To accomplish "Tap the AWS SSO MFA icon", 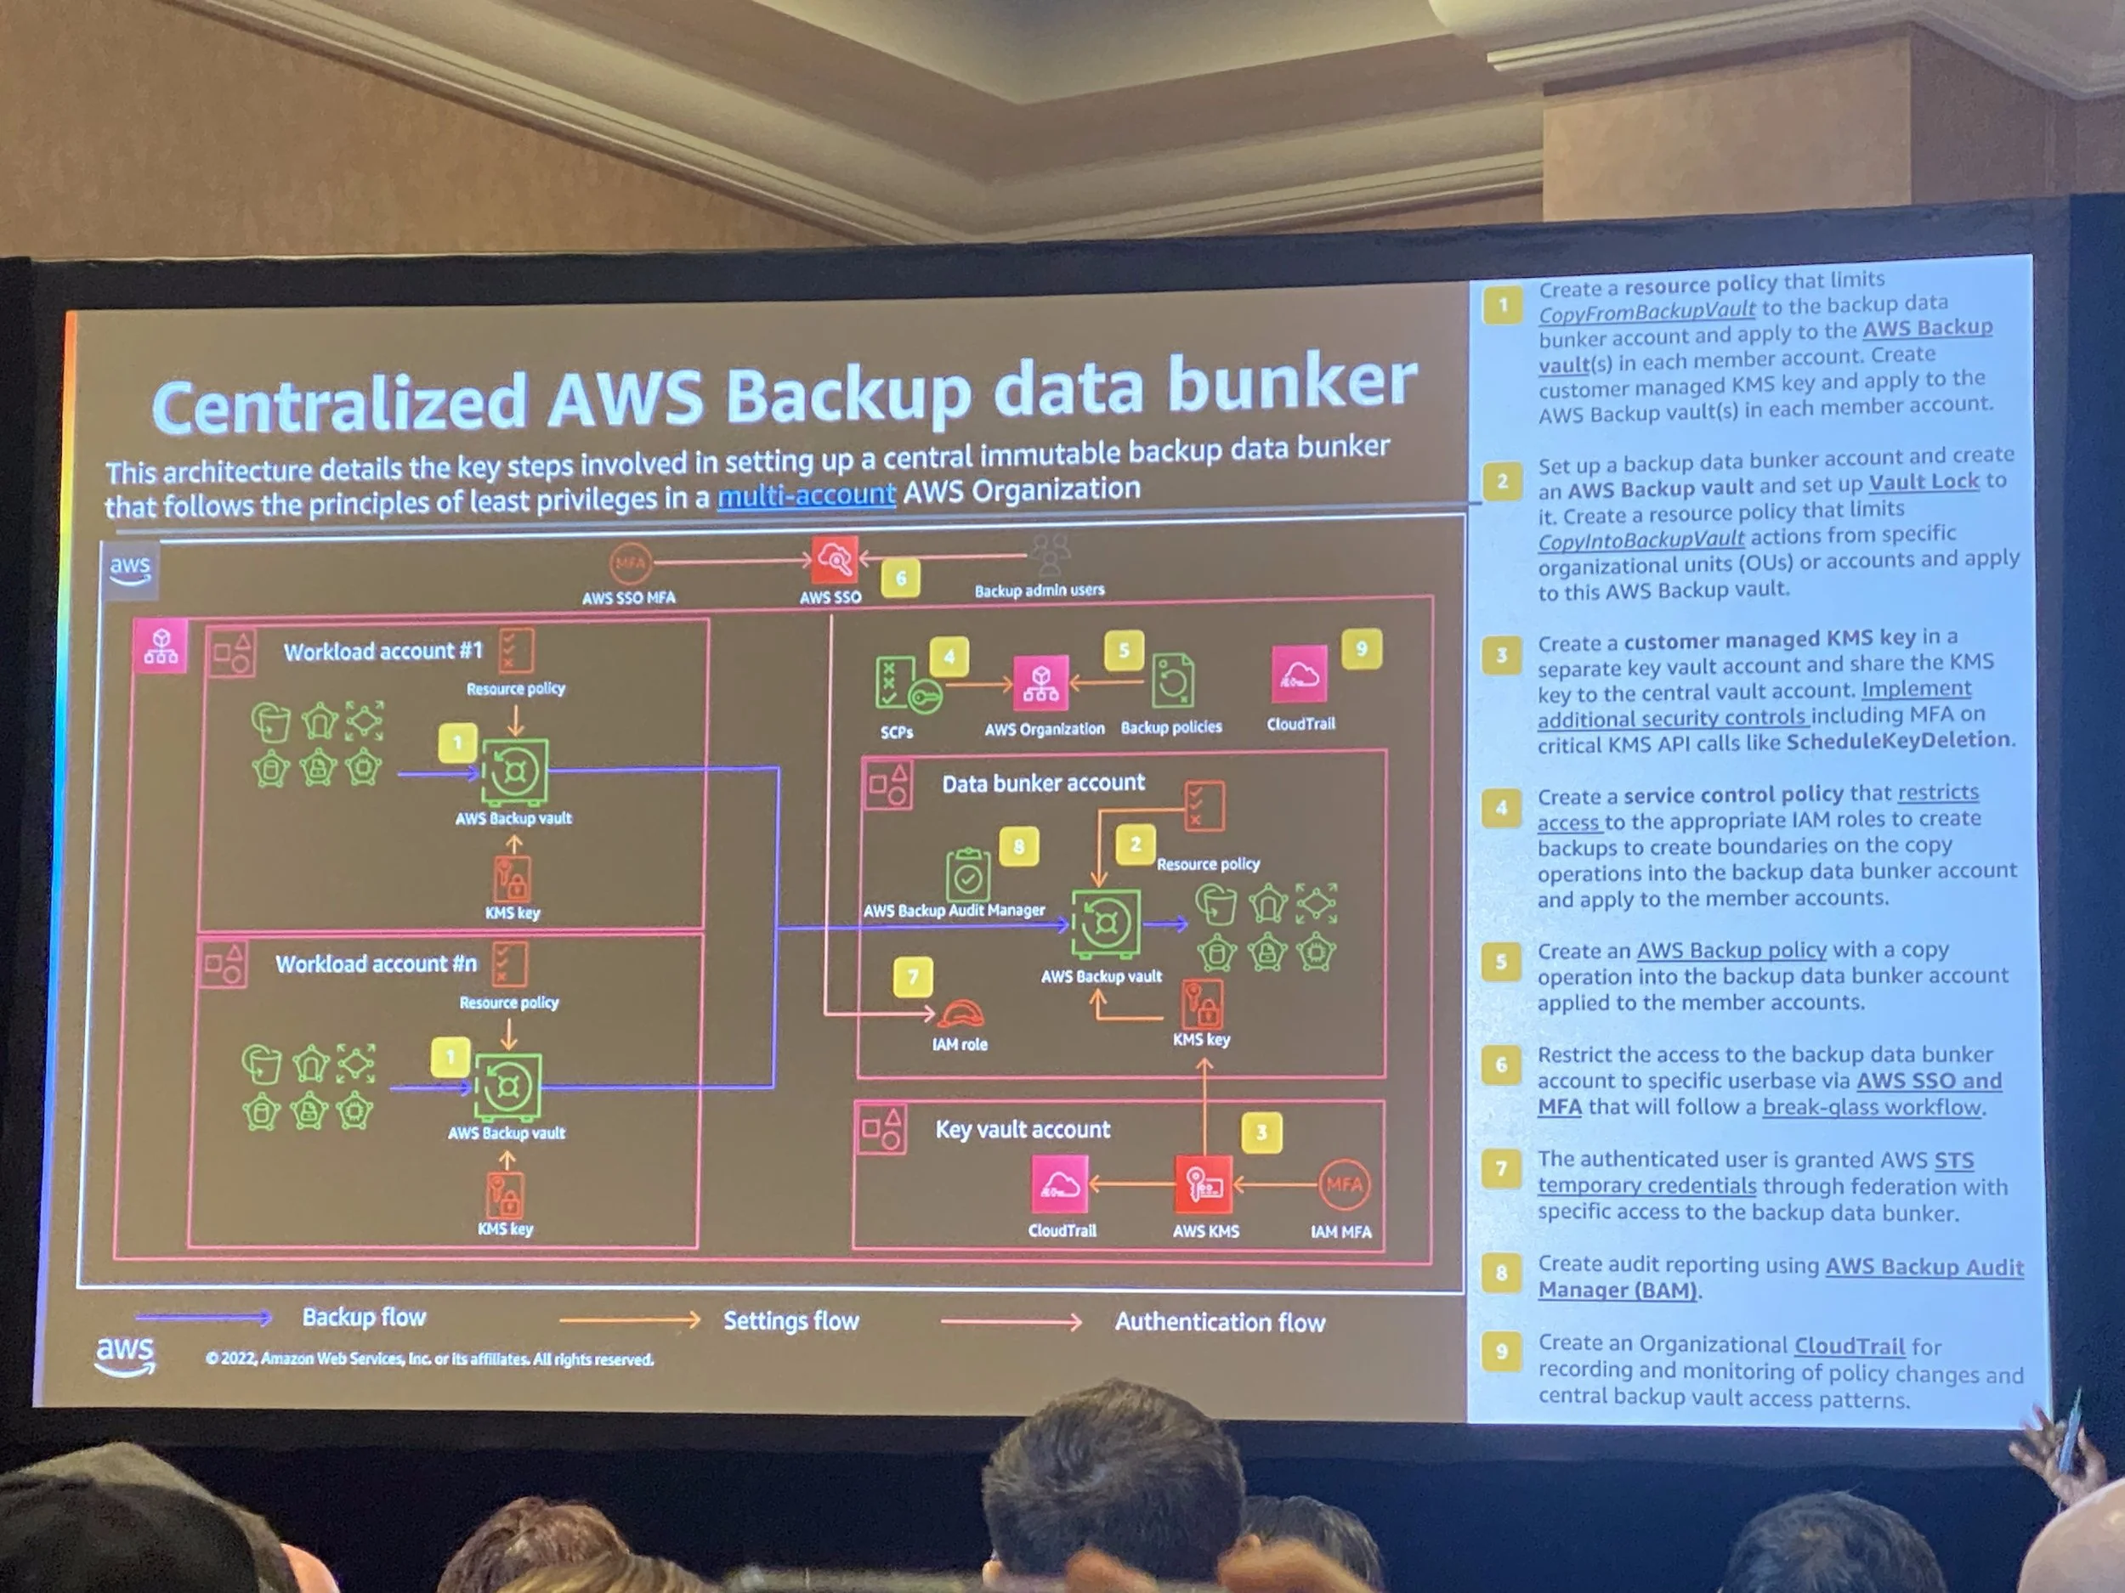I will click(x=630, y=563).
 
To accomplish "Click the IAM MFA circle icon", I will click(x=1343, y=1185).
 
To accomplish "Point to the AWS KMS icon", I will click(x=1204, y=1185).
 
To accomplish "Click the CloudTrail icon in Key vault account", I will click(x=1060, y=1185).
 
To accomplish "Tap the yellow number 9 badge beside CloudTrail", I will click(x=1361, y=649).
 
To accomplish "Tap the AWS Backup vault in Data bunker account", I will click(x=1106, y=924).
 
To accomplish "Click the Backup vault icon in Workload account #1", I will click(x=514, y=771).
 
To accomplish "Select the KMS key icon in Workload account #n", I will click(x=505, y=1195).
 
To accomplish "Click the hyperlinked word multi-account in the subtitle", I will click(x=806, y=495).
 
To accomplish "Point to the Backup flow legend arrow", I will click(x=204, y=1318).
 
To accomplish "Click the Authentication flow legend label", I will click(x=1219, y=1322).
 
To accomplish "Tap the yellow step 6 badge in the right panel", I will click(x=1500, y=1065).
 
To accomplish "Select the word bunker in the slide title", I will click(x=1291, y=384).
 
